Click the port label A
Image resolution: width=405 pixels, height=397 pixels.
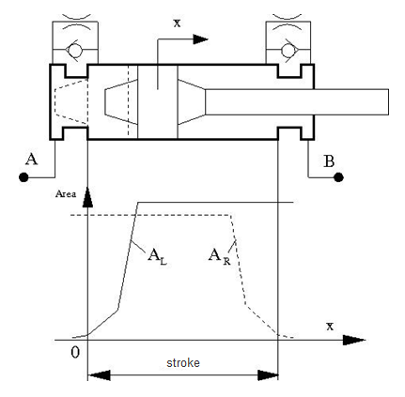point(32,160)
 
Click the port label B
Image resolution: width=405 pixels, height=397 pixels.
point(329,161)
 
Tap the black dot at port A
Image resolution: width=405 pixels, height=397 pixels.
point(23,177)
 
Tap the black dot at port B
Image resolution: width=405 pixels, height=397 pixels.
point(338,177)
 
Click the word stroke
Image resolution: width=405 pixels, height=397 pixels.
point(183,363)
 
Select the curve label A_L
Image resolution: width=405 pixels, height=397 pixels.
point(157,257)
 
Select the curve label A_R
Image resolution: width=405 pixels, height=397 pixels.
point(220,257)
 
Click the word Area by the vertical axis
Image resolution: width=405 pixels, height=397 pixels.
point(66,194)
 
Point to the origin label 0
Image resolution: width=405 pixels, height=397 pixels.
point(75,353)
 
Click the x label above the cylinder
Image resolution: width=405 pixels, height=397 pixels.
point(178,23)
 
